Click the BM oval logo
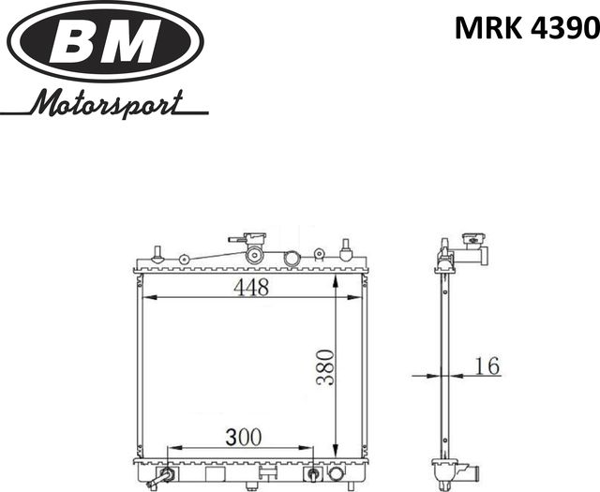105,42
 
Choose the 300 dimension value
242,437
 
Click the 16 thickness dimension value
486,365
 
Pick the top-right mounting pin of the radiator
345,249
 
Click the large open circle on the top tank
292,258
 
